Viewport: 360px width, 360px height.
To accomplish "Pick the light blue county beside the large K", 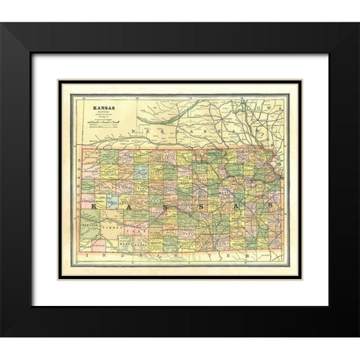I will pos(112,202).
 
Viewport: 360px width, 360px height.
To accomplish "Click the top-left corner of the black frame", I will pos(32,24).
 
